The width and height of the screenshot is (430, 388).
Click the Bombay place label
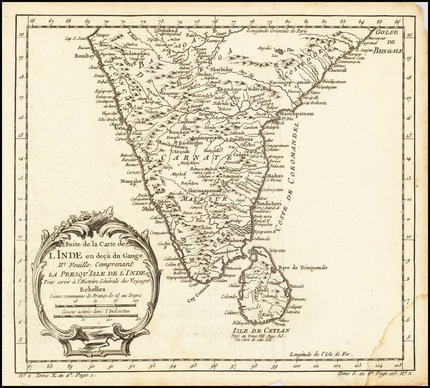[x=84, y=56]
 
